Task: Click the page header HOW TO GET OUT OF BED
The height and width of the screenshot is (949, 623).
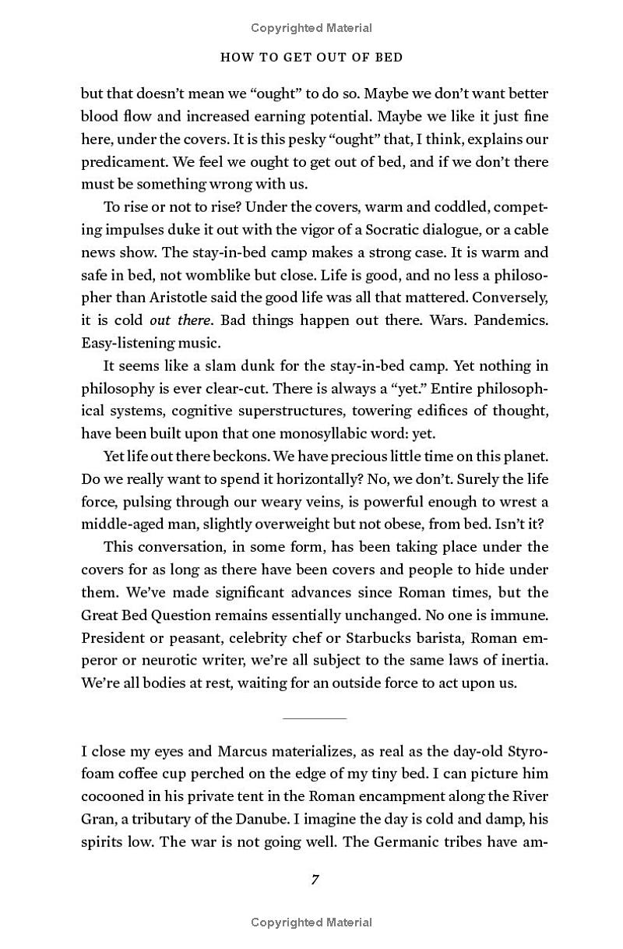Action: coord(311,58)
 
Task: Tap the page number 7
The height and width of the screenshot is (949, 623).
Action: coord(315,880)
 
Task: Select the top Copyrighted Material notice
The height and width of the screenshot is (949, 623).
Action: coord(311,28)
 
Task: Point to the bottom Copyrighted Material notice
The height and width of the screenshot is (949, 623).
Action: coord(311,923)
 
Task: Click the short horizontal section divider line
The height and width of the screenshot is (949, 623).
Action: coord(315,718)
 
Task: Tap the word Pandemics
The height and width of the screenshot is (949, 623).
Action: coord(512,320)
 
